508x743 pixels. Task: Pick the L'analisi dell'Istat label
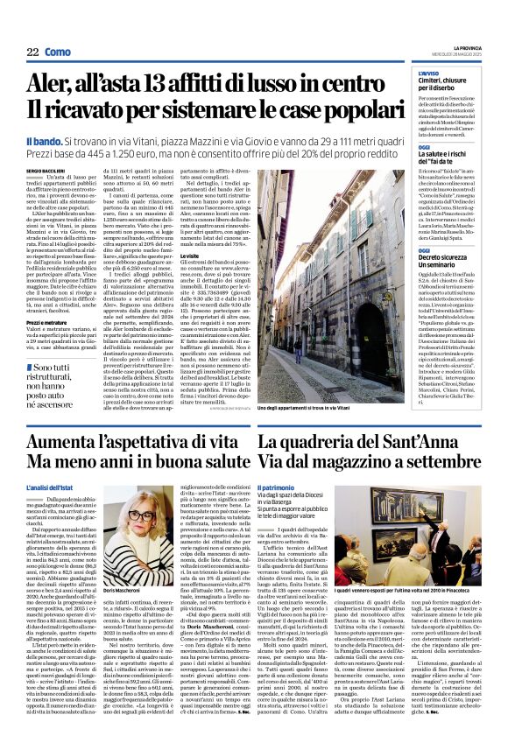tap(52, 487)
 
